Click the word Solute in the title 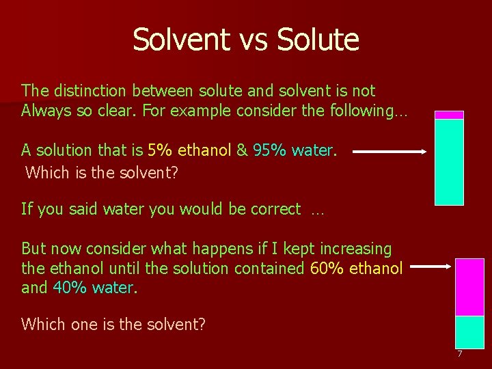click(318, 40)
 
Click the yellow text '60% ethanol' click(356, 269)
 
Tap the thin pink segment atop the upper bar click(450, 115)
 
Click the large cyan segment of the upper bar click(450, 162)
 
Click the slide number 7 click(459, 354)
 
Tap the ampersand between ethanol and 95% click(241, 150)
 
